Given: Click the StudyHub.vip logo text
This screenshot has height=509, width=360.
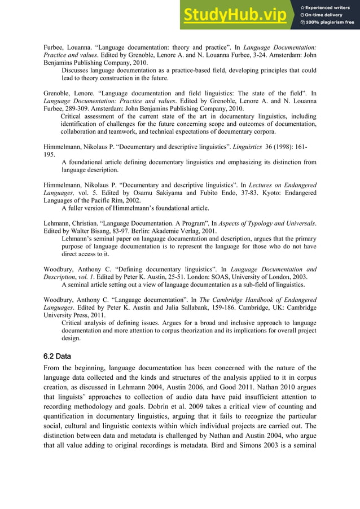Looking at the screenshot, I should tap(236, 15).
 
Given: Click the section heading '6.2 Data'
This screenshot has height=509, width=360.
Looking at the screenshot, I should tap(57, 357).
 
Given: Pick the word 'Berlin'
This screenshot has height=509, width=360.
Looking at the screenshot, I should tap(133, 231).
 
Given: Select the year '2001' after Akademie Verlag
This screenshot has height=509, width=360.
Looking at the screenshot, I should tap(208, 231).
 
